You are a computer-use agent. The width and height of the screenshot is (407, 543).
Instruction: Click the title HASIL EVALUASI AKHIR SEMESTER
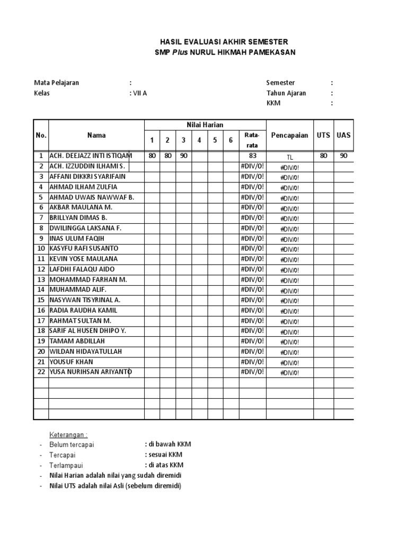(225, 42)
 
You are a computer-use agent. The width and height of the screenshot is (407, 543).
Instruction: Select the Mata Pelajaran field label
(57, 83)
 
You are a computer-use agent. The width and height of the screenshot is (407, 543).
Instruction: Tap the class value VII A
(138, 93)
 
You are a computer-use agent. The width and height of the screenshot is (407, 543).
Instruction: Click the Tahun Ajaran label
(286, 93)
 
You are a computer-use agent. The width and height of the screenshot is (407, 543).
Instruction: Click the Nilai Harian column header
(205, 125)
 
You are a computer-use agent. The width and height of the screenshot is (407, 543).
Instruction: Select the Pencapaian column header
(289, 135)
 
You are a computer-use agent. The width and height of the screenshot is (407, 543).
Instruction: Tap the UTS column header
(323, 135)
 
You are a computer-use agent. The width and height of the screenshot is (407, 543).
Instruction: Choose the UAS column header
(343, 135)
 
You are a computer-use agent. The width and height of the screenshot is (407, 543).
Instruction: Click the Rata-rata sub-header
(252, 140)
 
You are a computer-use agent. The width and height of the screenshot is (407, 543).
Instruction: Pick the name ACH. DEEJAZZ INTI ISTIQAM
(91, 156)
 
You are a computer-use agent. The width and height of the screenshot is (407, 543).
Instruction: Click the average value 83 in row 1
(252, 156)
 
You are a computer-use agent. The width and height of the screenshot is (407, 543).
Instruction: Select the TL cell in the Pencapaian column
(290, 157)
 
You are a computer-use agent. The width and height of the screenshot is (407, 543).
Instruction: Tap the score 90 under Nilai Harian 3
(183, 156)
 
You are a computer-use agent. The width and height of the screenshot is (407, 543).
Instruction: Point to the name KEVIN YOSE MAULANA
(83, 259)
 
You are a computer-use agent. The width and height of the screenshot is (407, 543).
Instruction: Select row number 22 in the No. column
(41, 372)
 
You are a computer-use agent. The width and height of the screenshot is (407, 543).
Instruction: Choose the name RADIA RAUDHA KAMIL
(83, 310)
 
